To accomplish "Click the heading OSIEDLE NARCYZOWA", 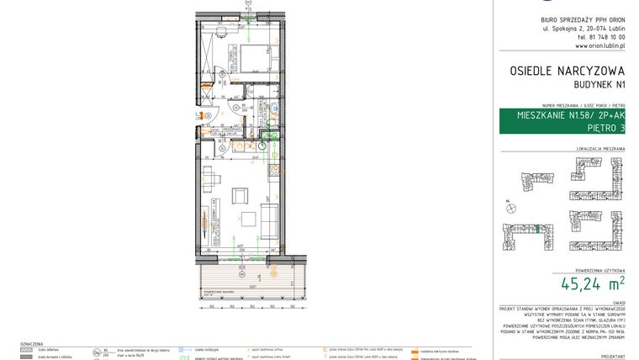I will click(x=567, y=72).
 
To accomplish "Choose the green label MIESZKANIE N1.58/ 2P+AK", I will click(x=562, y=115).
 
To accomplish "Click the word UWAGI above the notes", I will click(x=618, y=301).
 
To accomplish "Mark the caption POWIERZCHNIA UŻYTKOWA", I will click(x=599, y=268).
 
